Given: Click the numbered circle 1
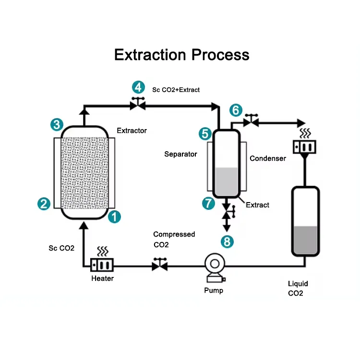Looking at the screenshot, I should click(114, 217).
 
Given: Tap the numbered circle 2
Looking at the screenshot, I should click(44, 204).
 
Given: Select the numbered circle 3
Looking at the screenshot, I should click(57, 125).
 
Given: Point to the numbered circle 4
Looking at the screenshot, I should click(138, 87).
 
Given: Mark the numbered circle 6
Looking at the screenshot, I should click(235, 110).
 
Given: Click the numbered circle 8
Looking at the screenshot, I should click(227, 241).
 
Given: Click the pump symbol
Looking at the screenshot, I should click(214, 268).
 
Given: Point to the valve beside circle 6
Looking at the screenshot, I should click(251, 121).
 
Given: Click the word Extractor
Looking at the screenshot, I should click(132, 131).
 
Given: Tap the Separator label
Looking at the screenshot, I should click(180, 154).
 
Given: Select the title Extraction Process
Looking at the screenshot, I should click(181, 55).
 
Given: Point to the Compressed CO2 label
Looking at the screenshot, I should click(174, 239).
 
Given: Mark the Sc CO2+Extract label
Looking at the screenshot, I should click(176, 90).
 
